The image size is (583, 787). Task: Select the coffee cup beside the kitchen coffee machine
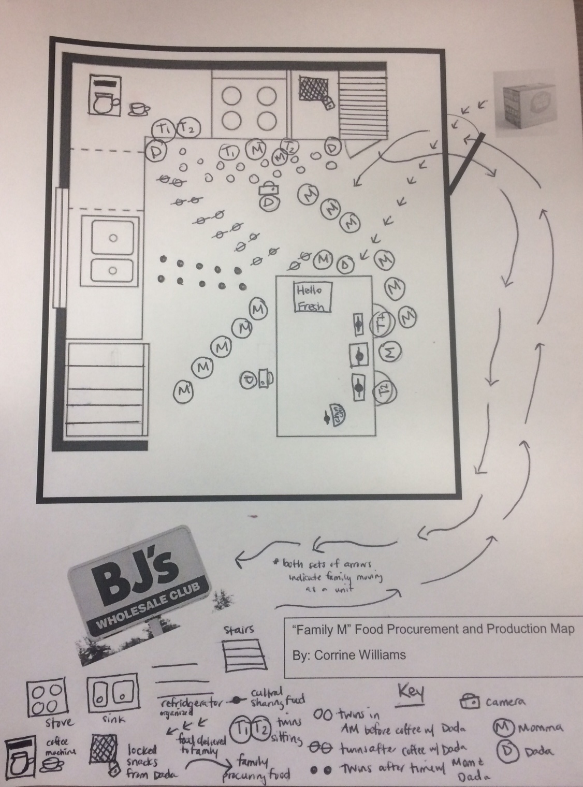[138, 109]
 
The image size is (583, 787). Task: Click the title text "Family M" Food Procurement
[433, 629]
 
